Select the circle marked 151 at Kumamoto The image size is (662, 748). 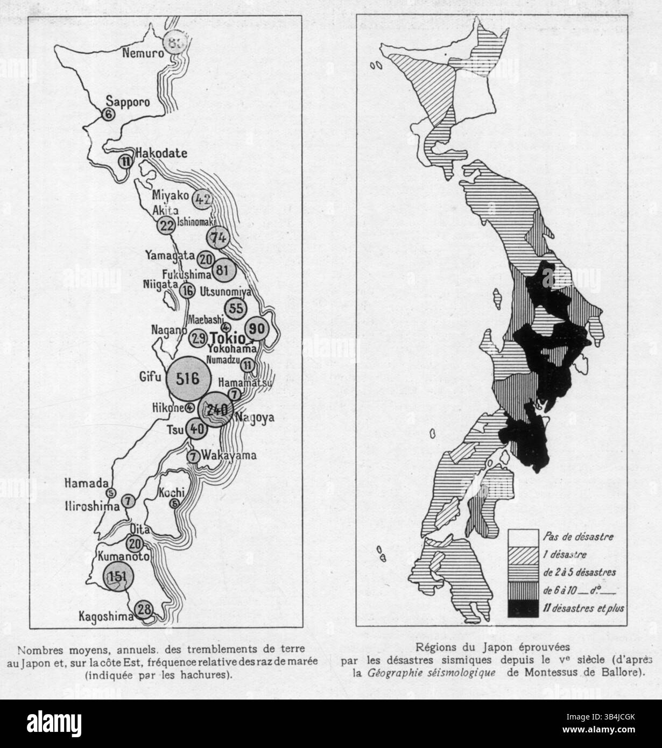[115, 576]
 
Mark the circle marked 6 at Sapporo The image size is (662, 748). [108, 114]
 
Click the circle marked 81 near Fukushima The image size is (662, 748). [222, 270]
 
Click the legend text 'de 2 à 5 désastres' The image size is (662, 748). [580, 571]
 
